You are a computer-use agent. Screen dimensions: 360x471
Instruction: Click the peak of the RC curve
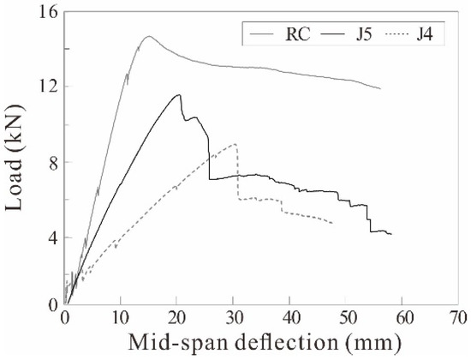[x=148, y=37]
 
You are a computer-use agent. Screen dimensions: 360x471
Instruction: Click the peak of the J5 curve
[x=178, y=95]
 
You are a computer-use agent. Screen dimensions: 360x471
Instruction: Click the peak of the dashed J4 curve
[x=234, y=144]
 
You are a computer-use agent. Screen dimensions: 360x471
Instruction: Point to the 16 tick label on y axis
[x=45, y=12]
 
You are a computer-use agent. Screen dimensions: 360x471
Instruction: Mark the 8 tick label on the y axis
[x=49, y=162]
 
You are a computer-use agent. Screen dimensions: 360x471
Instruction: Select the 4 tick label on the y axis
[x=49, y=237]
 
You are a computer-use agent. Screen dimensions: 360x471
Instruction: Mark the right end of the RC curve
[x=380, y=89]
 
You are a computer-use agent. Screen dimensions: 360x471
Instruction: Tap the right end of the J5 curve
[x=391, y=234]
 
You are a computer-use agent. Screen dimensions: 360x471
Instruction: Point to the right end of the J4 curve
[x=332, y=223]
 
